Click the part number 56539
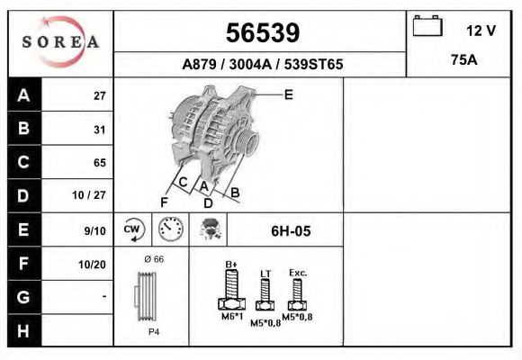point(261,32)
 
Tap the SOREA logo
point(59,41)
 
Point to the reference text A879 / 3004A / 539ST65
point(262,65)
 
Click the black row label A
point(23,95)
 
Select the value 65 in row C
point(99,163)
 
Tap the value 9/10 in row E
point(94,230)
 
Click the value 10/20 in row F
point(94,264)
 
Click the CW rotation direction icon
point(132,229)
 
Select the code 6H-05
point(290,231)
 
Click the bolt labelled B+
point(230,287)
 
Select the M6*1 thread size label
point(230,317)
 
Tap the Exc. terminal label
point(298,271)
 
